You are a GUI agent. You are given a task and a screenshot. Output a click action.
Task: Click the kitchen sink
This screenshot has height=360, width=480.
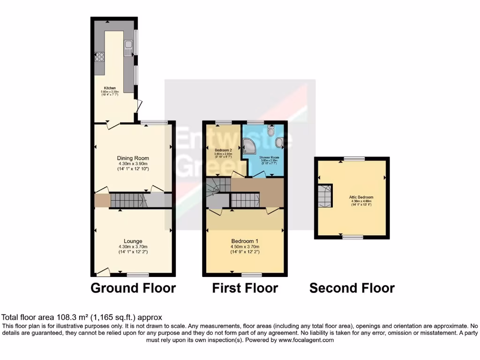point(127,46)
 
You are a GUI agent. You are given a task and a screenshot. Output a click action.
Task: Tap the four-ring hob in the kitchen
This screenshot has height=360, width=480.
point(99,58)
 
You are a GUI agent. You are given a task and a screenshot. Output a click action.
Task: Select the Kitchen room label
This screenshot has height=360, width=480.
point(110,88)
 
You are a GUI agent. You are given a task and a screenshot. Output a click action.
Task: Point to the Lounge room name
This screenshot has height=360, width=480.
point(133,241)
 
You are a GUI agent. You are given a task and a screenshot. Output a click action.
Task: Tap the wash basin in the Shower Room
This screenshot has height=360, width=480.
point(280,142)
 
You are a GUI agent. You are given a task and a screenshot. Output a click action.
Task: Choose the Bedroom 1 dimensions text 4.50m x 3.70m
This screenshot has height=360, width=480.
point(245,247)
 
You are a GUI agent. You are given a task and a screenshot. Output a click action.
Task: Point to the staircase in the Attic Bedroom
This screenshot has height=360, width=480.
point(324,196)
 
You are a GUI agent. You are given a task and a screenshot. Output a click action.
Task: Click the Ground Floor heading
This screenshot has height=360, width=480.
point(133,287)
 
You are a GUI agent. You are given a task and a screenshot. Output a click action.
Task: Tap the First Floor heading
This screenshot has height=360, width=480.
point(245,287)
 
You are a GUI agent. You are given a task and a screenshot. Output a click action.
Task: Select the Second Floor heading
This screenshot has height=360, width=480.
point(352,287)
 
